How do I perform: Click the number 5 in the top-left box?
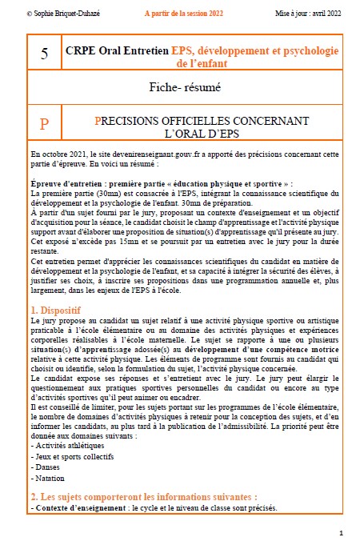[x=44, y=54]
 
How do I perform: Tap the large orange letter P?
[x=44, y=125]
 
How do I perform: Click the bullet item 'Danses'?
[x=46, y=467]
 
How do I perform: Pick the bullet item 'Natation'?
[x=49, y=478]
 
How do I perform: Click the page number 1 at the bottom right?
[x=342, y=532]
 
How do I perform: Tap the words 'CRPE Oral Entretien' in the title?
[x=118, y=50]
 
